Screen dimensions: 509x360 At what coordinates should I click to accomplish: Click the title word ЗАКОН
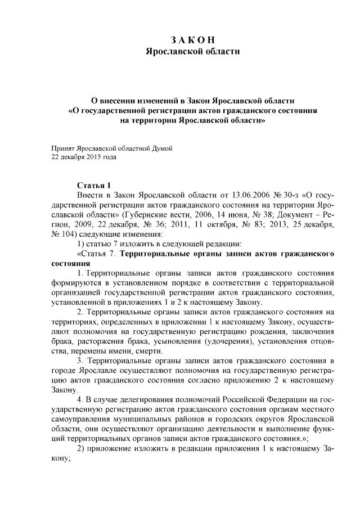(x=192, y=39)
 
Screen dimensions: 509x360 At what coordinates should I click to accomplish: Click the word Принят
(x=62, y=148)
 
